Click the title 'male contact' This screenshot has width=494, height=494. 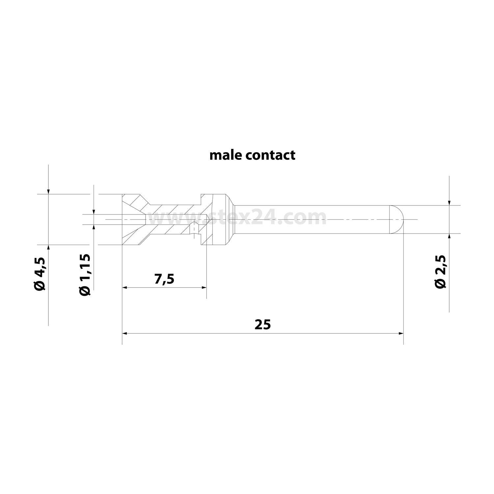pyautogui.click(x=252, y=155)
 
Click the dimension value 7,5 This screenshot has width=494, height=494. pyautogui.click(x=164, y=279)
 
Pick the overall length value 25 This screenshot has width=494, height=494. pyautogui.click(x=262, y=325)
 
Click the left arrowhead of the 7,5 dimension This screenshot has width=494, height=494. pyautogui.click(x=124, y=288)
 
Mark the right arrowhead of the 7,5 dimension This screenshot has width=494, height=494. pyautogui.click(x=204, y=288)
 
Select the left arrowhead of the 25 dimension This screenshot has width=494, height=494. pyautogui.click(x=124, y=333)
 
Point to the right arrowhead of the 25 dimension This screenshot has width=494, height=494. pyautogui.click(x=401, y=333)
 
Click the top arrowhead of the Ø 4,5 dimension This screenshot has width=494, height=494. pyautogui.click(x=48, y=192)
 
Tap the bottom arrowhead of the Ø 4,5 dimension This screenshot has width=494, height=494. pyautogui.click(x=48, y=247)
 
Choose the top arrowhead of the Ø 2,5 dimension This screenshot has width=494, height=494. pyautogui.click(x=450, y=203)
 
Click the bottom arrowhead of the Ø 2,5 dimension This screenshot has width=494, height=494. pyautogui.click(x=450, y=236)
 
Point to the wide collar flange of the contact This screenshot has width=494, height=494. pyautogui.click(x=219, y=219)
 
